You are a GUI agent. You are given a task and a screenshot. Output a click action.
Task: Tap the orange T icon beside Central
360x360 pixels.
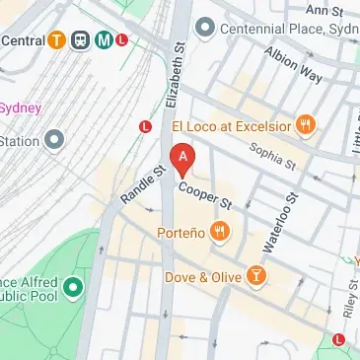click(58, 40)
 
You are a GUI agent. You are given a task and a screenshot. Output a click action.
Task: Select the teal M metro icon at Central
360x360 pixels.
click(102, 40)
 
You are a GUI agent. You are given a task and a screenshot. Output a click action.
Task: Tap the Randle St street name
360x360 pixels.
click(142, 184)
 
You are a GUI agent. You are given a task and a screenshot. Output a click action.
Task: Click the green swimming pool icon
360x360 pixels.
click(72, 290)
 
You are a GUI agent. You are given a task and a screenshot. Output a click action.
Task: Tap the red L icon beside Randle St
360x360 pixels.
click(145, 126)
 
